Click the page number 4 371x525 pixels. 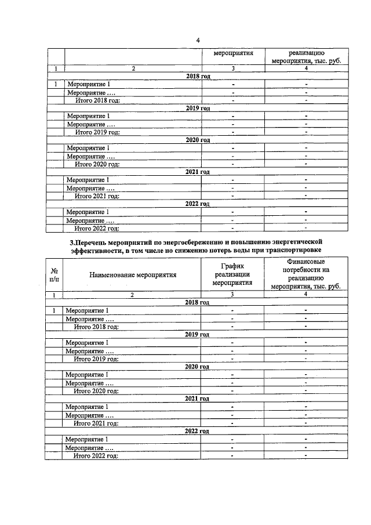pos(198,40)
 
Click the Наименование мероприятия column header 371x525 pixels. pos(133,276)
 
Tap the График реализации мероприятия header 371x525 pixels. pos(232,274)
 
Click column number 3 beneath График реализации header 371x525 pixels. pos(232,295)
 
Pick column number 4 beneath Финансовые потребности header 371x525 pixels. pos(305,295)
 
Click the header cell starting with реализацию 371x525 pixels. pos(305,56)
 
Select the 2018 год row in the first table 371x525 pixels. pos(198,77)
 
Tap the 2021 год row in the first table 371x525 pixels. pos(198,172)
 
